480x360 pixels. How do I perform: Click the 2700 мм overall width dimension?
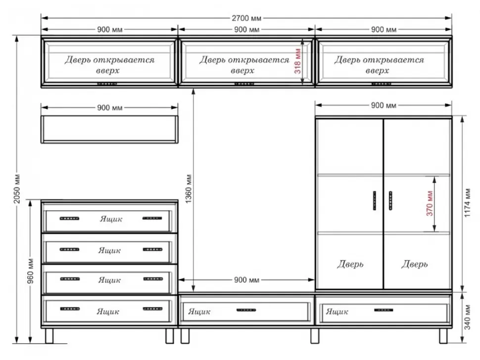(x=246, y=18)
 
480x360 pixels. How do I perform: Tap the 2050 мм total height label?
(x=17, y=189)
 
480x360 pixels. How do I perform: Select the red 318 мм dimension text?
(x=297, y=61)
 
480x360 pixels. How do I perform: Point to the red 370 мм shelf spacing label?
(x=430, y=203)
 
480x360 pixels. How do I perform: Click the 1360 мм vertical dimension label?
(x=189, y=189)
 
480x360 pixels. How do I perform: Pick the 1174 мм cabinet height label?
(x=468, y=203)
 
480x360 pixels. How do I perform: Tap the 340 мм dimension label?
(x=468, y=317)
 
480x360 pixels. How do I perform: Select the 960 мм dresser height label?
(x=30, y=271)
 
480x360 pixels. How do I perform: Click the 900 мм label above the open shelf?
(x=109, y=108)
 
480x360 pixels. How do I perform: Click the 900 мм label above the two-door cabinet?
(x=384, y=105)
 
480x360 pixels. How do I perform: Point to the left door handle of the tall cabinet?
(x=375, y=201)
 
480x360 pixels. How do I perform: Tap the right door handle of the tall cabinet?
(x=390, y=201)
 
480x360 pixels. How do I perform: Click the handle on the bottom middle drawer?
(x=246, y=310)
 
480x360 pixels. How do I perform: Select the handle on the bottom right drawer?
(x=384, y=310)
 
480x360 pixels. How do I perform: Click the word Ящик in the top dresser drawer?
(x=111, y=219)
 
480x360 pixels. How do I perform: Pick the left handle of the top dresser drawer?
(x=69, y=219)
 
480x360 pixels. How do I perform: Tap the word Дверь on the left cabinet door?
(x=350, y=264)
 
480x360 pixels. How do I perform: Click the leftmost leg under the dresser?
(x=49, y=336)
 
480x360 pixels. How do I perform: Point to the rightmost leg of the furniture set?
(x=443, y=336)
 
